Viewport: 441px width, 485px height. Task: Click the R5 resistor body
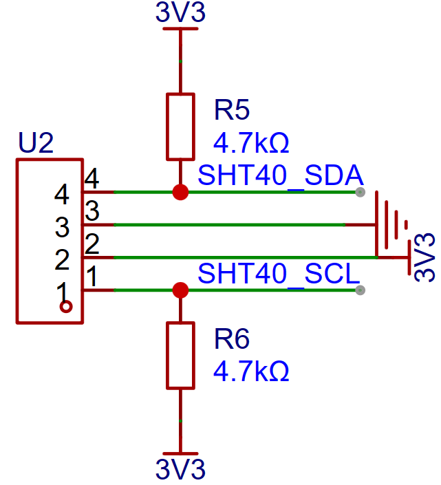(x=180, y=127)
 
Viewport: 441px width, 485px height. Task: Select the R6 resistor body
(x=180, y=356)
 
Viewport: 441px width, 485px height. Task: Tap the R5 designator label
(x=232, y=110)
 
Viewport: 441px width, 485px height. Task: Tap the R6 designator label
(x=232, y=338)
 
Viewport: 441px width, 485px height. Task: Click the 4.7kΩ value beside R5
(x=251, y=143)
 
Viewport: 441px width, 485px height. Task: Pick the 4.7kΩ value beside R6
(x=251, y=371)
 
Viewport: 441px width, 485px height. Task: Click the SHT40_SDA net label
(x=281, y=175)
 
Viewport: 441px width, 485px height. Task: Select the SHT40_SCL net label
(x=279, y=274)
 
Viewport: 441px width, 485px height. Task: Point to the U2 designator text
(x=36, y=142)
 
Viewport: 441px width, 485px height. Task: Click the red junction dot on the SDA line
(x=180, y=192)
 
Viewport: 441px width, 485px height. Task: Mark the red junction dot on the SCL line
(x=180, y=290)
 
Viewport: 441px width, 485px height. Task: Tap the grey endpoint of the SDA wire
(x=360, y=192)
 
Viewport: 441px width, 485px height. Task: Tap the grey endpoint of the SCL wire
(x=360, y=290)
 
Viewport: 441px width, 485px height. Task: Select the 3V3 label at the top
(x=180, y=12)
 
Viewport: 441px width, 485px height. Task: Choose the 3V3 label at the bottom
(x=180, y=469)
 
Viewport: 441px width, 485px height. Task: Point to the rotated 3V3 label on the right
(x=424, y=257)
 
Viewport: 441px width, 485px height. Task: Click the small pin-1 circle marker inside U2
(x=66, y=307)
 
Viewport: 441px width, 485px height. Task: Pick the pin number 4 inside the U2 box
(x=61, y=195)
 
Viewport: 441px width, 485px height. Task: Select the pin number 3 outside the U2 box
(x=92, y=211)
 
